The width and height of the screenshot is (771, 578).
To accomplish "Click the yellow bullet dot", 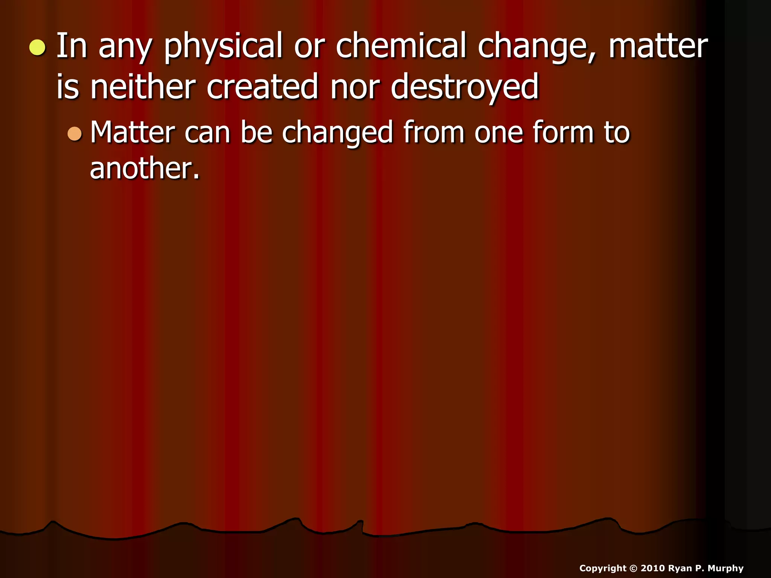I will [x=38, y=48].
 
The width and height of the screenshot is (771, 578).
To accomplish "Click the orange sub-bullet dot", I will [x=75, y=134].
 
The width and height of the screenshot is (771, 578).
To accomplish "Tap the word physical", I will [x=223, y=47].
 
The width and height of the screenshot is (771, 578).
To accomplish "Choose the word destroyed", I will [x=465, y=88].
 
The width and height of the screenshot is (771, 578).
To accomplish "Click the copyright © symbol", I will [x=633, y=568].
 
